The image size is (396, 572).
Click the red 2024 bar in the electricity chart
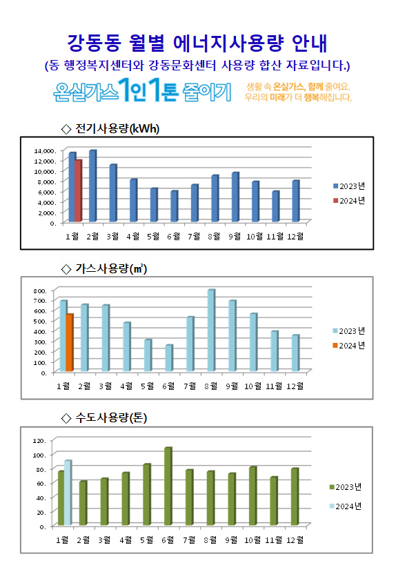click(x=79, y=191)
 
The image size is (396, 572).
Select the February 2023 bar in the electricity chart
click(x=92, y=186)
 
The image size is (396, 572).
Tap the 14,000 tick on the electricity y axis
click(x=44, y=150)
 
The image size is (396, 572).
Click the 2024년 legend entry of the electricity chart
click(x=349, y=201)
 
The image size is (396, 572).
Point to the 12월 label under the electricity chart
click(x=295, y=237)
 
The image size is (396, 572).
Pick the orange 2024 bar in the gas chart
click(x=70, y=342)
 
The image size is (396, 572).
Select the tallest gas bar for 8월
click(x=212, y=331)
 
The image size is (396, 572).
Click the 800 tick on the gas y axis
click(x=40, y=290)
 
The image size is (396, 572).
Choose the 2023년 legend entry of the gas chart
click(x=349, y=331)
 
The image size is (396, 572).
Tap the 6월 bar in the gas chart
click(x=169, y=358)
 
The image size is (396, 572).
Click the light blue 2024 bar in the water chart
click(x=68, y=493)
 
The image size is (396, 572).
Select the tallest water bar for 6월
click(x=168, y=486)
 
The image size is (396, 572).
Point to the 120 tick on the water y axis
click(x=39, y=440)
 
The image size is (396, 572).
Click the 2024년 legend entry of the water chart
click(x=346, y=506)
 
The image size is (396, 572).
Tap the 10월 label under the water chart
click(x=253, y=540)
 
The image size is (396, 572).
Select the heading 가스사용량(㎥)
click(x=111, y=269)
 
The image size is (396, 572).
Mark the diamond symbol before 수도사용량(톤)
click(x=66, y=418)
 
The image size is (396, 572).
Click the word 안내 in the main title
click(x=310, y=43)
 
